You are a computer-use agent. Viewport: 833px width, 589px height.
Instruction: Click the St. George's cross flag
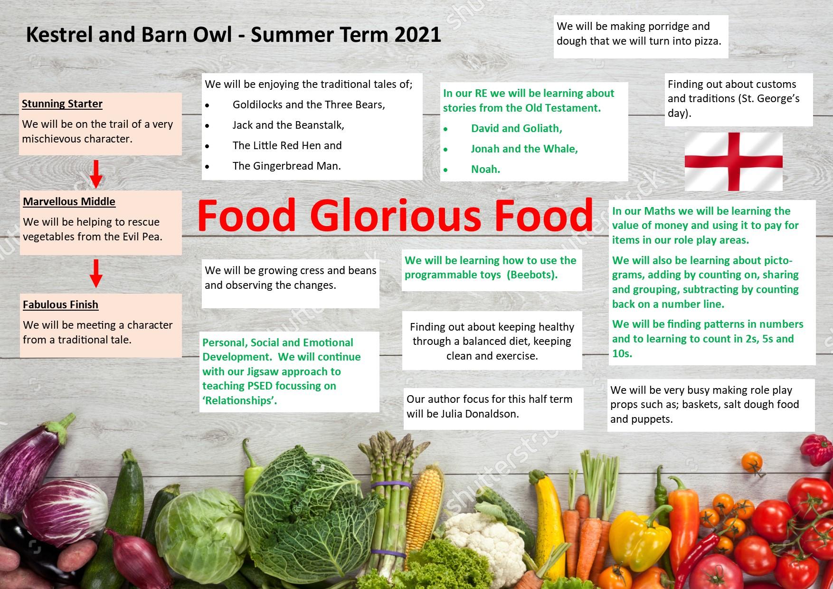tap(733, 161)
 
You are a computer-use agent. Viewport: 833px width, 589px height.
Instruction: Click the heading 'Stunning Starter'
tap(62, 104)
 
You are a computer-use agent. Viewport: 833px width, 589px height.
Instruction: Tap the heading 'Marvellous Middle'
tap(69, 201)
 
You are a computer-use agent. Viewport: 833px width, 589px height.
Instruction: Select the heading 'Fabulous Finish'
tap(61, 304)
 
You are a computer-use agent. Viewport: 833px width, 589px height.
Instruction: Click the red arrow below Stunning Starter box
tap(96, 174)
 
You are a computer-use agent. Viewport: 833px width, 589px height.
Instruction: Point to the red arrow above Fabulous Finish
tap(96, 273)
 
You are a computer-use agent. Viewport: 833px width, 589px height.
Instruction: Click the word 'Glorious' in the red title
tap(396, 216)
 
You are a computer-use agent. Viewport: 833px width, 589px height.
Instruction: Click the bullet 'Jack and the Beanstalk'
tap(288, 125)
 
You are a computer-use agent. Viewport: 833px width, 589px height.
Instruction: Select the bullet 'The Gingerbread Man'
tap(287, 166)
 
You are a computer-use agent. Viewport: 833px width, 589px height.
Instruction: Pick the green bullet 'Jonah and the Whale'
tap(524, 149)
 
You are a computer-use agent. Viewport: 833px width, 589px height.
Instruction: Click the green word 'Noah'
tap(485, 169)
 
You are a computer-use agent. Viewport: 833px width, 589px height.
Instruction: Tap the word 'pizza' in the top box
tap(708, 41)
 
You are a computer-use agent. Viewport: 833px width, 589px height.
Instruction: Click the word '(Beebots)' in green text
tap(532, 275)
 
